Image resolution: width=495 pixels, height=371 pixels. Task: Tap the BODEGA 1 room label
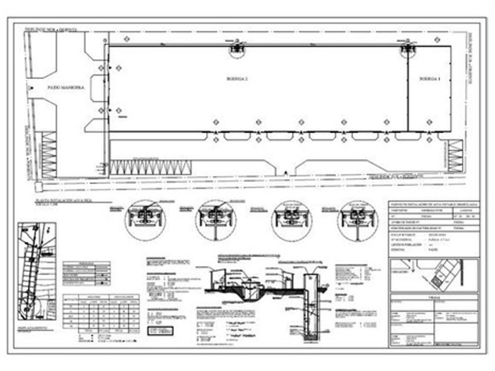click(x=430, y=78)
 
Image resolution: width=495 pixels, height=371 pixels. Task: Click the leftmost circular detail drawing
click(x=145, y=220)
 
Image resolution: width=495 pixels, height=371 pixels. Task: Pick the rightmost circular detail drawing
click(x=358, y=220)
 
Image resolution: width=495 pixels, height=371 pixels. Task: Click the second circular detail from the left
click(x=216, y=220)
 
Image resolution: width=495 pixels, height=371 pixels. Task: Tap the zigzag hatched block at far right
click(x=456, y=157)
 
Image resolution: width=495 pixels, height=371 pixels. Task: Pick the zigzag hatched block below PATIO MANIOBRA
click(x=49, y=155)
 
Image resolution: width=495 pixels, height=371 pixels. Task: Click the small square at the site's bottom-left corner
click(x=38, y=187)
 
